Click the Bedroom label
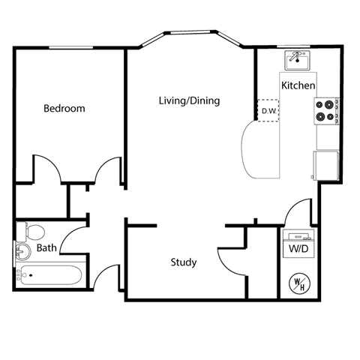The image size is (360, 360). [x=64, y=109]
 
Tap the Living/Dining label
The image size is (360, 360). [x=189, y=100]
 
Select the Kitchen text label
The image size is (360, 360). [x=298, y=85]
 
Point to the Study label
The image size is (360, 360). [x=184, y=262]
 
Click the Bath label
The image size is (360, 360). [x=46, y=248]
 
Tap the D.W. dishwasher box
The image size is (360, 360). [x=268, y=111]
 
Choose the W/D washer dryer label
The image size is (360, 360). [x=298, y=248]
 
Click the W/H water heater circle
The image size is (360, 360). [x=299, y=283]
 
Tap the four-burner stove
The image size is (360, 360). [x=325, y=111]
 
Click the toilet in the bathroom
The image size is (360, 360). [x=33, y=230]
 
